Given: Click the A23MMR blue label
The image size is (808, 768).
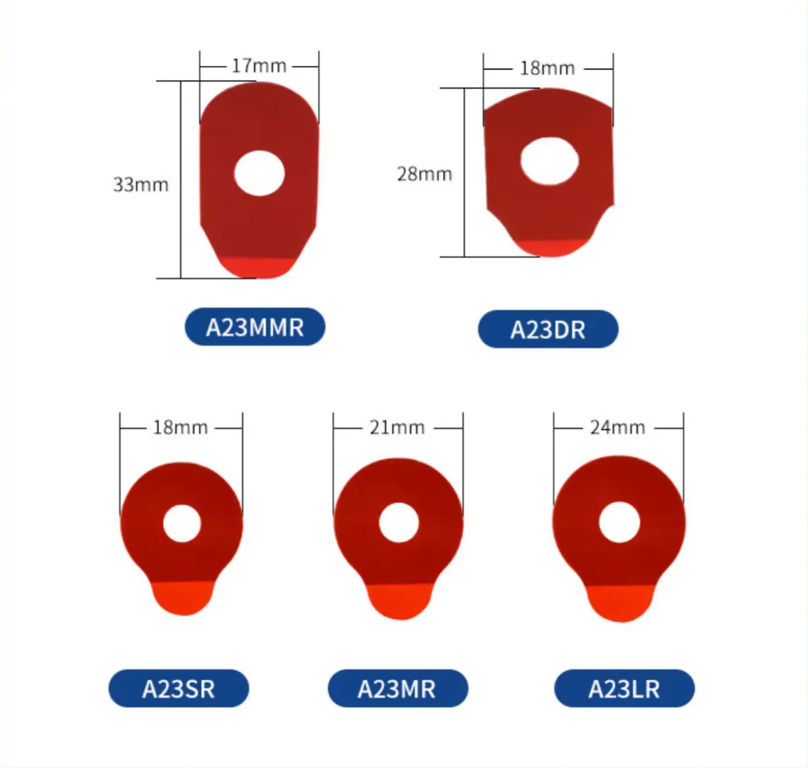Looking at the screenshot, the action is tap(255, 327).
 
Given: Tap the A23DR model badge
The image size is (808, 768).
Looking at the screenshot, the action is tap(548, 329).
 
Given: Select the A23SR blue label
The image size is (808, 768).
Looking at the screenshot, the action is tap(179, 688).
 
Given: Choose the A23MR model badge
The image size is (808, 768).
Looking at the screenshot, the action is tap(398, 688).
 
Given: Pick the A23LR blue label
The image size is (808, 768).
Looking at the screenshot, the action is tap(624, 688).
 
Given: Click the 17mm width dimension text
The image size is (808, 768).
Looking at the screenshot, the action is tap(259, 66).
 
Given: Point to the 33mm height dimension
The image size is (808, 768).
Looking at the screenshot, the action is tap(140, 184).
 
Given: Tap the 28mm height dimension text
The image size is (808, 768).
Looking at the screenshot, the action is tap(425, 174).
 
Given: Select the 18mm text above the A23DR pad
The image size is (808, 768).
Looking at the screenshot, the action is tap(547, 68).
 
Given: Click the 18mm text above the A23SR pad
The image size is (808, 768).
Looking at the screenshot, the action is tap(180, 428).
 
